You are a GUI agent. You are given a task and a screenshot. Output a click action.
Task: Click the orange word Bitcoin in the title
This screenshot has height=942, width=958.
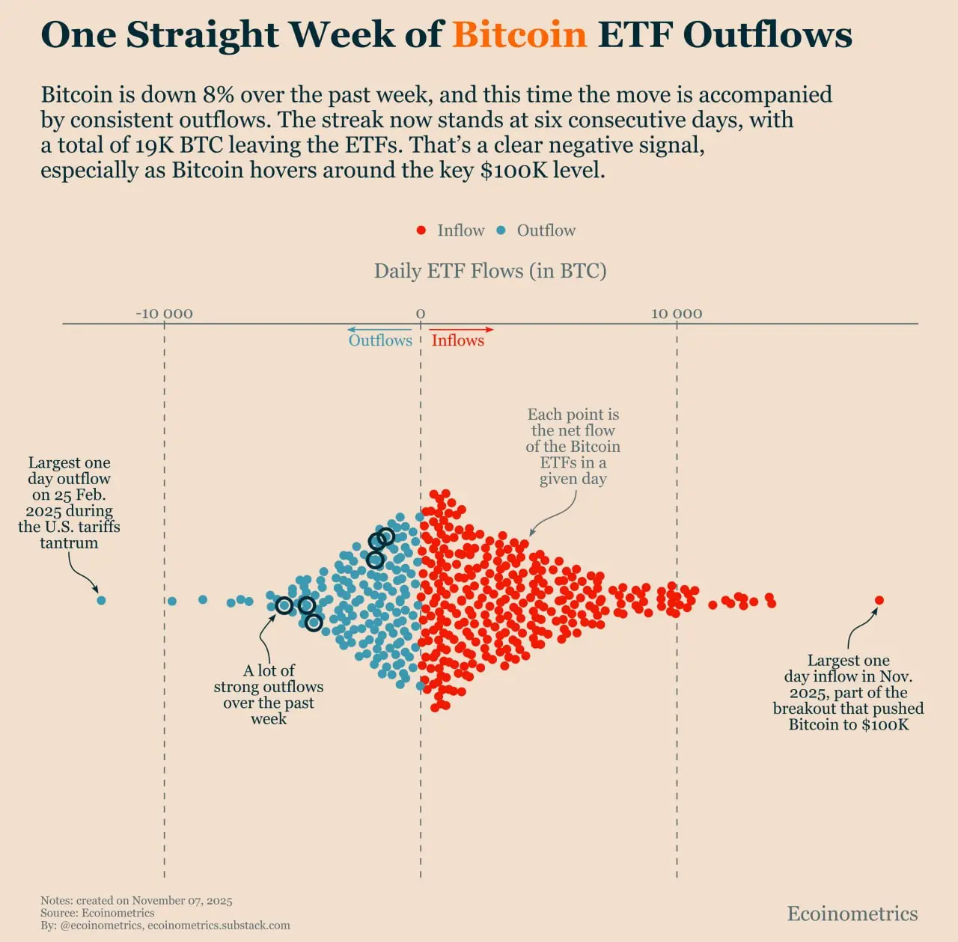[x=519, y=34]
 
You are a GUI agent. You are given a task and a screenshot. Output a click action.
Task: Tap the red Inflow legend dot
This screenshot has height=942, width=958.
[x=421, y=230]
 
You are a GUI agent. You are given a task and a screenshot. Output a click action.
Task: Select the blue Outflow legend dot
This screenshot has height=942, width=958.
[x=501, y=230]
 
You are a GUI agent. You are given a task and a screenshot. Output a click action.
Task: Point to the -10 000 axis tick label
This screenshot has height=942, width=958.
[x=164, y=314]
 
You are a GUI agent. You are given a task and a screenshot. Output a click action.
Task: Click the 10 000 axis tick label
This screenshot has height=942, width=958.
[x=677, y=314]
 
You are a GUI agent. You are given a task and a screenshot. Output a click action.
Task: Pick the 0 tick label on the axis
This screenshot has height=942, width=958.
[x=421, y=314]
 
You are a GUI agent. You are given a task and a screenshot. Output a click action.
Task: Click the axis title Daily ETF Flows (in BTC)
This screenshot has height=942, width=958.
[x=490, y=271]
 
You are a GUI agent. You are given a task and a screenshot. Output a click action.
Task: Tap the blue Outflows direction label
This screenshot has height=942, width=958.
[x=380, y=340]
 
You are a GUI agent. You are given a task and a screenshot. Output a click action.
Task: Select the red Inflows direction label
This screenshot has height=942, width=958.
[x=457, y=340]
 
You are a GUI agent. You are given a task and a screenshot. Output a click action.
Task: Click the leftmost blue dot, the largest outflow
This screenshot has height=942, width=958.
[x=102, y=600]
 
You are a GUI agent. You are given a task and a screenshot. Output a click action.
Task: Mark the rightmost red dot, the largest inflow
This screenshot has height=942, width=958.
[x=879, y=600]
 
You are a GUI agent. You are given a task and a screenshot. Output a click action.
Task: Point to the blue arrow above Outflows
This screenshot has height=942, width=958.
[x=379, y=329]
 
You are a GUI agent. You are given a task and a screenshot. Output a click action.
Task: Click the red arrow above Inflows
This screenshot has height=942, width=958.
[x=462, y=329]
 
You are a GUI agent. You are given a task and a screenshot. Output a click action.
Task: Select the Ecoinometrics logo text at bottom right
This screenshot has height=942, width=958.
[x=852, y=914]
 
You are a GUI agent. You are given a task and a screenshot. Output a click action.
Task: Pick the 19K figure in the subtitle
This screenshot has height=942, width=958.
[x=154, y=145]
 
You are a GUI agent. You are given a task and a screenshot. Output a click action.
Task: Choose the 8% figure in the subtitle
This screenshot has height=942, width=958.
[x=219, y=95]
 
